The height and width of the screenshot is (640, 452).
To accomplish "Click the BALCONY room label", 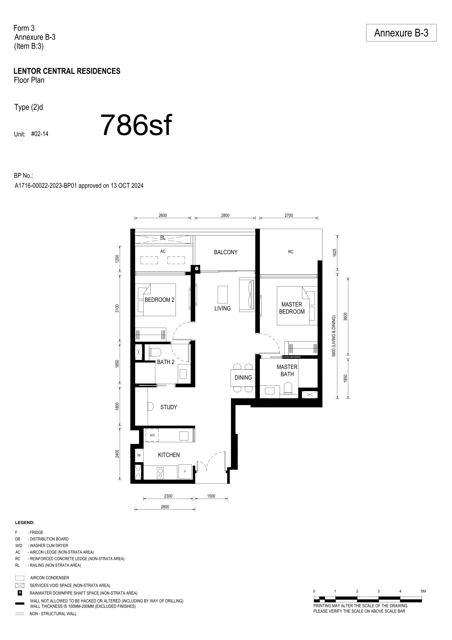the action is [226, 252].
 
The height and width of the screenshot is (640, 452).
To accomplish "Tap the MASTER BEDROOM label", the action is [292, 308].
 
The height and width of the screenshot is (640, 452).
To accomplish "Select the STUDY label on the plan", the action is [169, 407].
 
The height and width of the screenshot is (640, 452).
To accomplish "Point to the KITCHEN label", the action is [169, 455].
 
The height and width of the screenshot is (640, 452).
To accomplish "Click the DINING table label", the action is [243, 377].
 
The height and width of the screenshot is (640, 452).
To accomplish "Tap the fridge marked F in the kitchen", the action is [185, 471].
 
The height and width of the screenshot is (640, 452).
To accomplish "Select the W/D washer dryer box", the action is [152, 436].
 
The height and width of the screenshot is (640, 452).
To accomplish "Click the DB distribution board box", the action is [139, 455].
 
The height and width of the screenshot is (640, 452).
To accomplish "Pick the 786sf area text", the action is [136, 125].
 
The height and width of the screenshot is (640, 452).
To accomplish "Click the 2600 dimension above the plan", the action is [163, 215].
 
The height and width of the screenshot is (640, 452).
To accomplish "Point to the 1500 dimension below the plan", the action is [211, 496].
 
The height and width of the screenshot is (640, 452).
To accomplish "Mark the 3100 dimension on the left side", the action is [117, 309].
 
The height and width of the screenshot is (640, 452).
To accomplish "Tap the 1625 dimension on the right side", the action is [335, 253].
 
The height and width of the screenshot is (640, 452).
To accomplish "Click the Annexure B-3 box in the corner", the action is [401, 33].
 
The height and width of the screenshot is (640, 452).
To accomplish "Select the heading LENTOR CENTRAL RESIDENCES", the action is [67, 71].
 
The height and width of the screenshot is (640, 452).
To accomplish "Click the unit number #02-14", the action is [40, 134].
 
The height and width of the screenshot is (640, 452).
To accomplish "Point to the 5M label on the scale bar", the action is [423, 591].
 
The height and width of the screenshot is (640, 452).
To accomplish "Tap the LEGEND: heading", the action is [25, 523].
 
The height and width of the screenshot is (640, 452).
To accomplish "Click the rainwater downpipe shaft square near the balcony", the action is [197, 269].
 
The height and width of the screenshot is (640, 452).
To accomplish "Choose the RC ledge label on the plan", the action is [291, 252].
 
